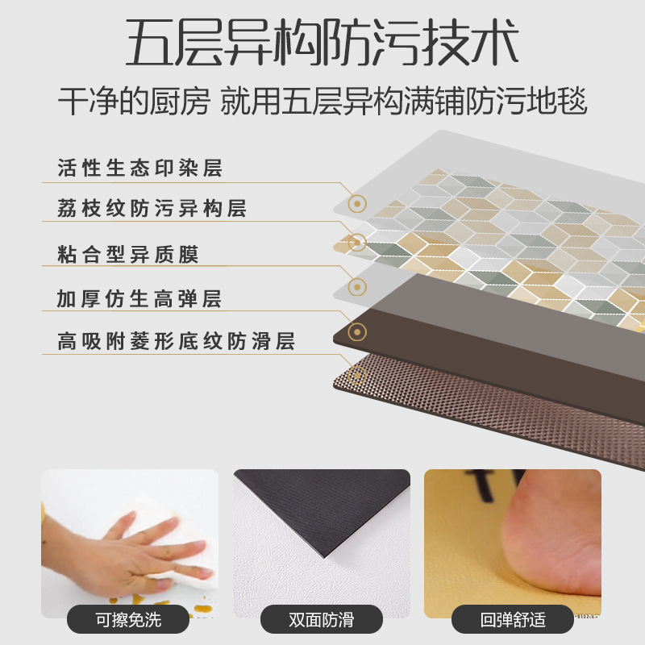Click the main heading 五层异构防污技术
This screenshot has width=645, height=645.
[322, 44]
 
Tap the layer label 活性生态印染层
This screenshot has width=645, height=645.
[139, 169]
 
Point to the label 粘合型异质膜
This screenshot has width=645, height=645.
[127, 256]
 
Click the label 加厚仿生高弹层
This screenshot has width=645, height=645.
[139, 299]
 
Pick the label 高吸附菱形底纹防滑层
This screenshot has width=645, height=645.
[175, 341]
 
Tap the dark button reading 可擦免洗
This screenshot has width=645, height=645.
[129, 619]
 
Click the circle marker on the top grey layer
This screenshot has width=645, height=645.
[357, 204]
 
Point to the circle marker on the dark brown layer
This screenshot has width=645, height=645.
[357, 331]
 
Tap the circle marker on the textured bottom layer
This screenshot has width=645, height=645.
[357, 374]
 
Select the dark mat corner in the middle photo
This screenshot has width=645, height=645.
[339, 516]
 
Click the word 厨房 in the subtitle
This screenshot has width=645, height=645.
[185, 102]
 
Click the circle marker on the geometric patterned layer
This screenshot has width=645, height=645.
[357, 243]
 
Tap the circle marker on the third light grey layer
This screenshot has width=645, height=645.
[357, 286]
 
